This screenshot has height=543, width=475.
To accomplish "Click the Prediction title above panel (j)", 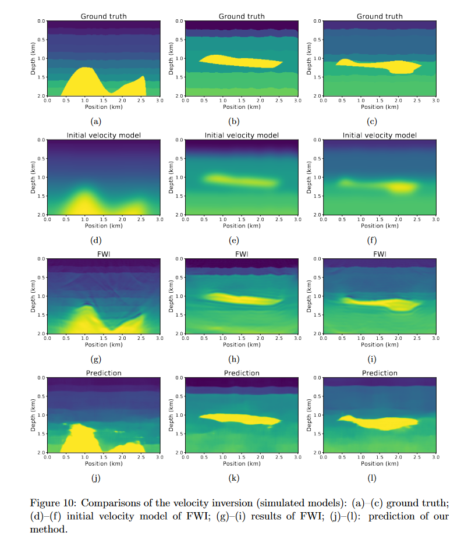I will point(102,373).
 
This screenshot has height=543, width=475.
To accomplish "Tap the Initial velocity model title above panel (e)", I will point(241,135).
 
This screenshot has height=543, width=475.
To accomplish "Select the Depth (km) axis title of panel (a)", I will point(34,58).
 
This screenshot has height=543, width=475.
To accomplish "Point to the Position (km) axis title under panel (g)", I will point(102,345).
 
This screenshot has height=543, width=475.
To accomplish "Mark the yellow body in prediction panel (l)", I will point(384,422).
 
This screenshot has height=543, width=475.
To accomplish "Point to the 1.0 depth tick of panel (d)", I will point(41,177).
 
